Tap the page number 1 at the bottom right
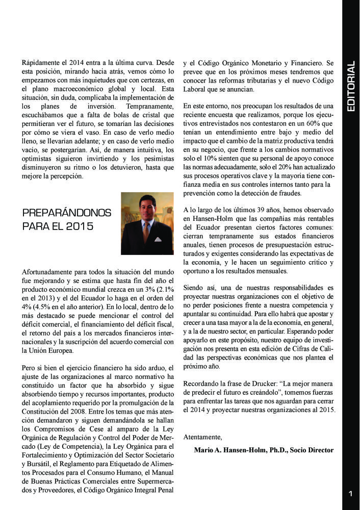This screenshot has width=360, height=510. (350, 493)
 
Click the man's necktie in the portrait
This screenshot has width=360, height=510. (146, 232)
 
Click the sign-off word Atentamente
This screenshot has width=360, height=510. (203, 437)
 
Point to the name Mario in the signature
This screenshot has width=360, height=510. (204, 450)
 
